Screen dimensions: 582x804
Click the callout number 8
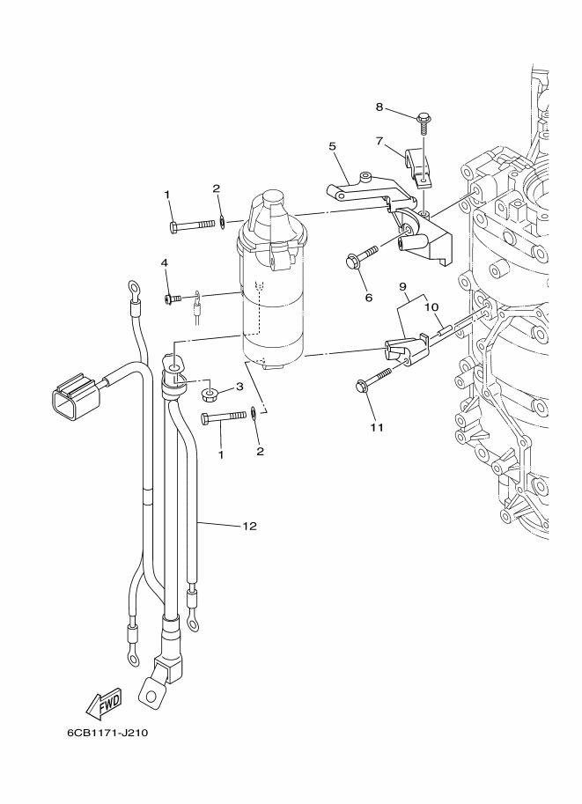(379, 107)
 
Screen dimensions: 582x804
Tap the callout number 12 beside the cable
(250, 526)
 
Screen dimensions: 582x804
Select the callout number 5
(332, 147)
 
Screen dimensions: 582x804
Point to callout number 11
(377, 427)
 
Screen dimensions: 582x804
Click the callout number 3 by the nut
(239, 387)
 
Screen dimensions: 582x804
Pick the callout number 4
(164, 262)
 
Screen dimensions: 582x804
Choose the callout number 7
(379, 141)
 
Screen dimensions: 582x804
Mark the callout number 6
(369, 298)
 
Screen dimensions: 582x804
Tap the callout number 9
(402, 285)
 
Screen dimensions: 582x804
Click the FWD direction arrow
(104, 703)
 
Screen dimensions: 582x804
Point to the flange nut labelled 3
(210, 395)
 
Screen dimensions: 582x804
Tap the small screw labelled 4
(173, 299)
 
